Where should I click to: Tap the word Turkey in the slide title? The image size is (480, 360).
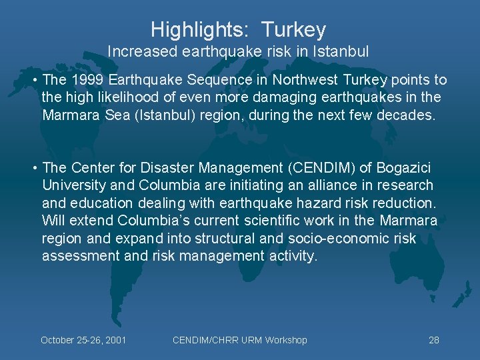pos(293,30)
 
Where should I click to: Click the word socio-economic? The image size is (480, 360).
pos(323,239)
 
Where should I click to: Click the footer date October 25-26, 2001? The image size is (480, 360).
pos(83,340)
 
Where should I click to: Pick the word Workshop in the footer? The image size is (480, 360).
pos(286,340)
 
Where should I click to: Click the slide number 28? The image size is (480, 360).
pos(434,340)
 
